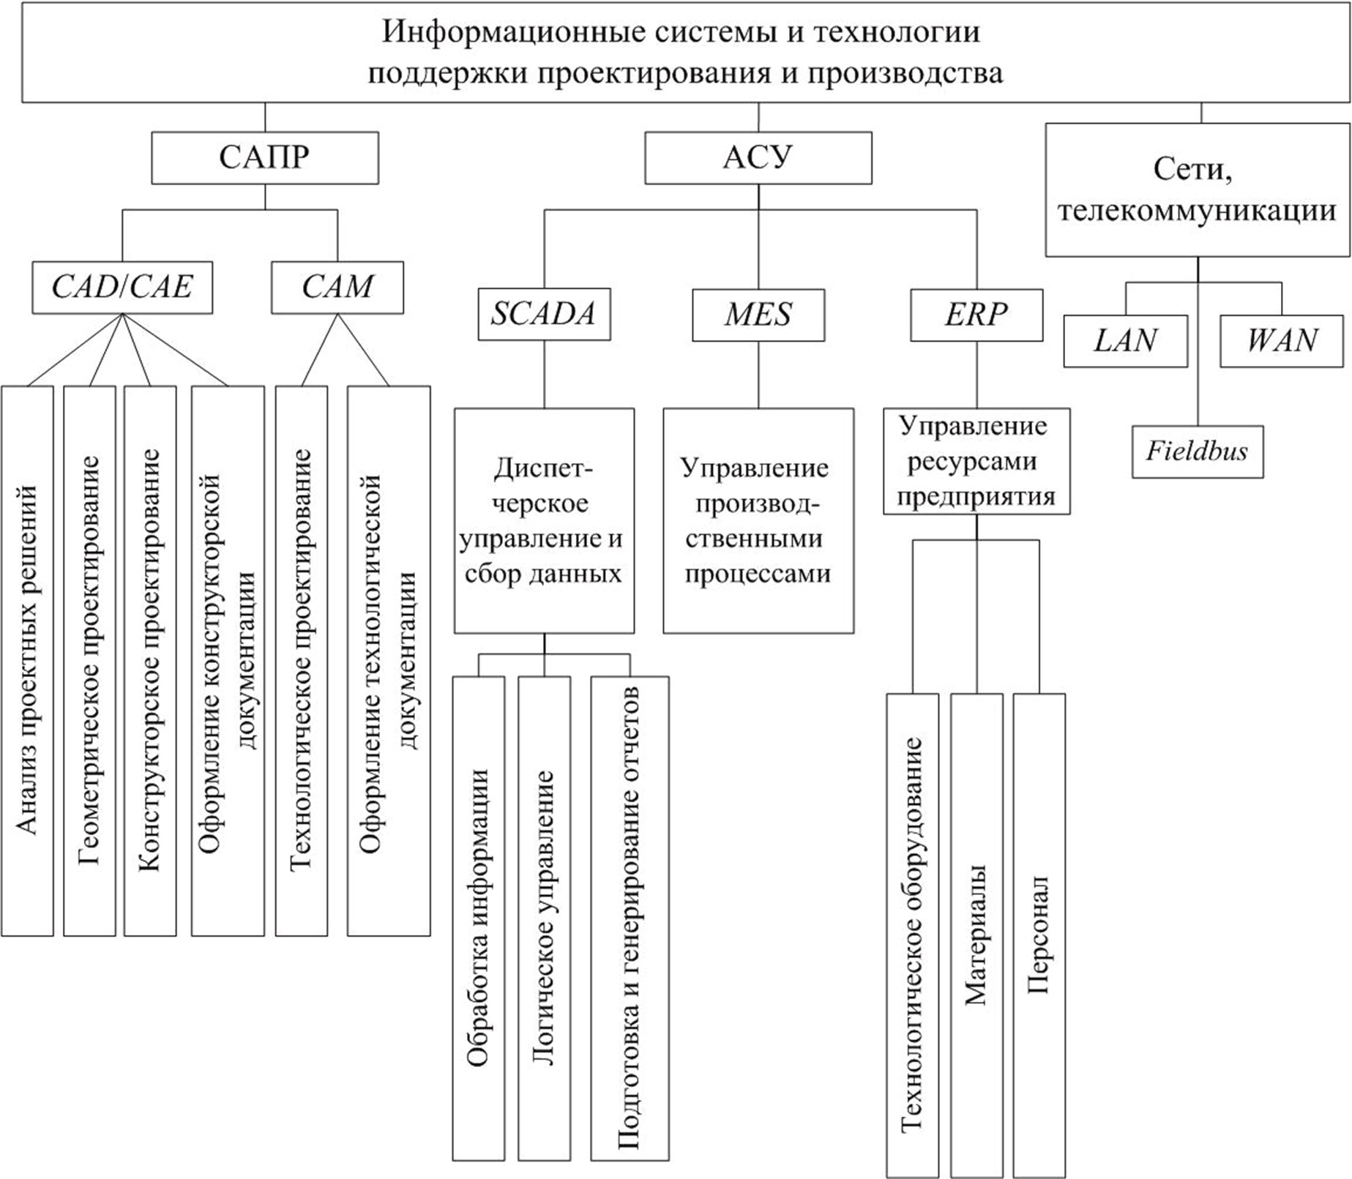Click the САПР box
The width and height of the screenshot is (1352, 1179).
[x=265, y=157]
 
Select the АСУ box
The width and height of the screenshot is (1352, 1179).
[x=758, y=157]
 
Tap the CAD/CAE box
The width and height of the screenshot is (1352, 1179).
[x=122, y=288]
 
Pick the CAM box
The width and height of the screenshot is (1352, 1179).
[x=337, y=288]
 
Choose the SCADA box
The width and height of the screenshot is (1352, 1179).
[x=544, y=315]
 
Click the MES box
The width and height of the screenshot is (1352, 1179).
[x=758, y=315]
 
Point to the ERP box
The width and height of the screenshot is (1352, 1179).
[x=976, y=315]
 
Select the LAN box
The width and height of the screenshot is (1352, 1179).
[x=1126, y=341]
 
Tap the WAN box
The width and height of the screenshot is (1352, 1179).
[x=1282, y=341]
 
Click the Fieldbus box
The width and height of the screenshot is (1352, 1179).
[x=1198, y=452]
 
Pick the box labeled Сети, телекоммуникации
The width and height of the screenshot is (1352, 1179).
[x=1198, y=190]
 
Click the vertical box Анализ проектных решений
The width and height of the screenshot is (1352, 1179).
[x=27, y=661]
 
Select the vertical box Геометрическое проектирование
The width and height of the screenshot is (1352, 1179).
[x=89, y=661]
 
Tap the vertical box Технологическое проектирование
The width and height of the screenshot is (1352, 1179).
[x=302, y=661]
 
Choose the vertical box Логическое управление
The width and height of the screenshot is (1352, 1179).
[x=544, y=918]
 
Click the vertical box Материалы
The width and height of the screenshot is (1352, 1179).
[x=976, y=935]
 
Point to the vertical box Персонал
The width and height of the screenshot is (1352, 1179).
[x=1039, y=935]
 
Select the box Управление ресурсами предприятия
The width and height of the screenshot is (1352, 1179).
[x=976, y=461]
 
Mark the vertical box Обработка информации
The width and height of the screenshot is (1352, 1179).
[x=478, y=918]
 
